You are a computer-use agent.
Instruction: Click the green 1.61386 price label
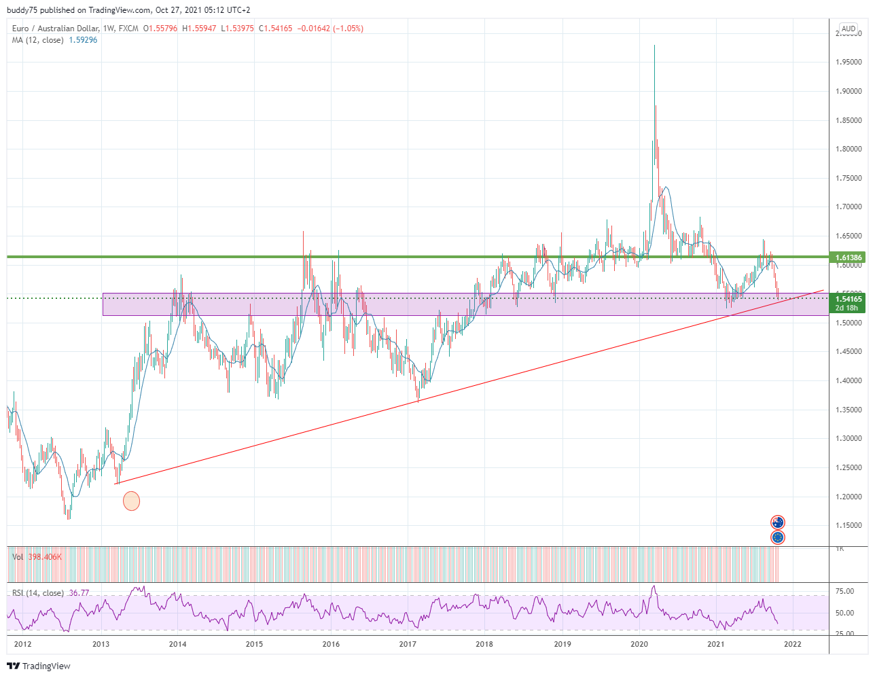click(849, 257)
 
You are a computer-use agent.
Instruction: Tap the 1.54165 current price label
click(849, 299)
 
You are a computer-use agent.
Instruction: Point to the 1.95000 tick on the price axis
click(849, 63)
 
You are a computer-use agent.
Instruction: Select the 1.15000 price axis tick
click(849, 526)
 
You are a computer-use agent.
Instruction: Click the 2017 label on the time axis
click(408, 644)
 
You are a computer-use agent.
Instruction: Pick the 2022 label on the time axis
click(793, 644)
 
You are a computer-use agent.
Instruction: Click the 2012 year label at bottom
click(22, 644)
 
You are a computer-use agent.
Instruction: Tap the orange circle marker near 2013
click(131, 501)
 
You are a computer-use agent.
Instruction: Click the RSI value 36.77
click(79, 593)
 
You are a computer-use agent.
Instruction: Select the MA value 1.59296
click(83, 40)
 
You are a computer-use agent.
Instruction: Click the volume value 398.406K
click(45, 557)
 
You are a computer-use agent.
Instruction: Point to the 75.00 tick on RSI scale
click(844, 592)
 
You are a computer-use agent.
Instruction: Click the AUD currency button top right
click(849, 29)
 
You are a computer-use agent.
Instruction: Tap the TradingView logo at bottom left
click(39, 666)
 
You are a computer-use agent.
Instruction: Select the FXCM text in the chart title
click(128, 29)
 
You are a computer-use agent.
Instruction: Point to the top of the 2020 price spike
click(654, 46)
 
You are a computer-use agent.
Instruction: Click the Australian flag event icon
click(778, 522)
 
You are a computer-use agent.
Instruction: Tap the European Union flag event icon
click(778, 537)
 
